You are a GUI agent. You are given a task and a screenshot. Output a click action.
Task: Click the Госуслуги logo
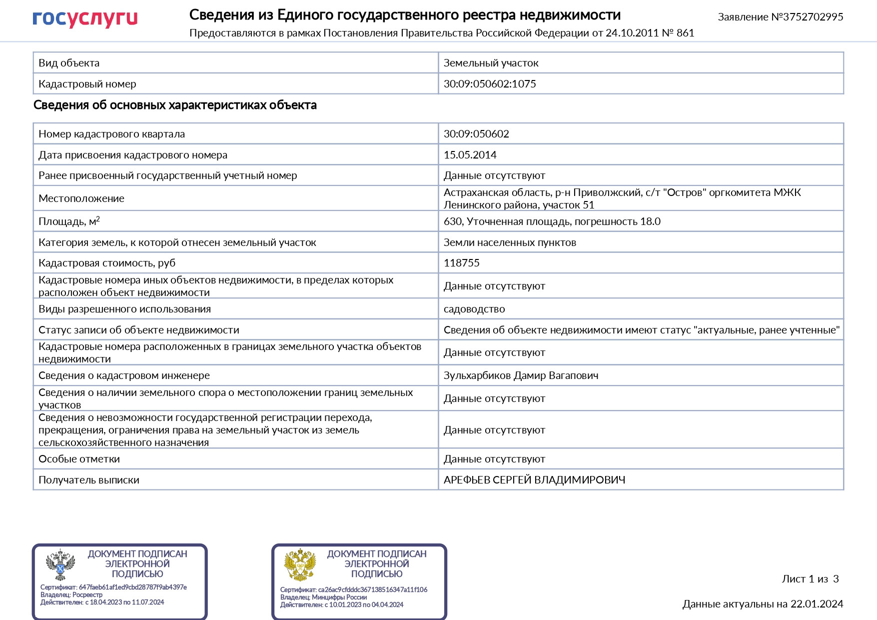tap(85, 18)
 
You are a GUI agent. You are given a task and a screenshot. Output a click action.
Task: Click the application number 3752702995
tap(813, 17)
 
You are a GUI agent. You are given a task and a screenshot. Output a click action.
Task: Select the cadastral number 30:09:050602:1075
tap(490, 84)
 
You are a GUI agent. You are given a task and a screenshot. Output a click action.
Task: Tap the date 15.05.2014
tap(470, 155)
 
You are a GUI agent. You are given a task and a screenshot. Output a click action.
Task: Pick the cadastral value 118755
tap(461, 263)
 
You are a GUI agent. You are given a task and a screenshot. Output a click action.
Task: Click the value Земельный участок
tap(491, 63)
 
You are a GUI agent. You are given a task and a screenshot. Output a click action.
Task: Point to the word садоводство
tap(474, 309)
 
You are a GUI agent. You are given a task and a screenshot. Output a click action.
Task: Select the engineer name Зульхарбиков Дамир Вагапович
tap(521, 375)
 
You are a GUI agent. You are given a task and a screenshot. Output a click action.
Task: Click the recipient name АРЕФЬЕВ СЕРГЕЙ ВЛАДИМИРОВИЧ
tap(534, 480)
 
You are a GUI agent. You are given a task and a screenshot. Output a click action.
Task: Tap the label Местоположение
tap(81, 198)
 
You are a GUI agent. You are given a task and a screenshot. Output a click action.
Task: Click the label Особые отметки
tap(79, 459)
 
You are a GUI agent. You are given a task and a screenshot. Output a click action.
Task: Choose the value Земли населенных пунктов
tap(510, 242)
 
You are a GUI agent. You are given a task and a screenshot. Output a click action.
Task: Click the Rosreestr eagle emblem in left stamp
tap(60, 565)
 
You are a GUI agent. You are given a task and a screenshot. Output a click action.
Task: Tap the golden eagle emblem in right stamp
tap(300, 565)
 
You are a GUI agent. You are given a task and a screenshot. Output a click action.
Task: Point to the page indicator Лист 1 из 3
tap(810, 579)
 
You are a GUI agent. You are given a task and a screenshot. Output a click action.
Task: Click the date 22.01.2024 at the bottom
tap(817, 604)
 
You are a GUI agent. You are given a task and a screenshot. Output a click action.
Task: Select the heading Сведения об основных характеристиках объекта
tap(175, 105)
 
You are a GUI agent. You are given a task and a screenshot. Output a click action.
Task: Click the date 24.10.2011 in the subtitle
tap(632, 33)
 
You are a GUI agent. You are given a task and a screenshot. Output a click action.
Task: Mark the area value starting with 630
tap(552, 221)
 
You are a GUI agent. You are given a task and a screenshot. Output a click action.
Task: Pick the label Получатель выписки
tap(89, 480)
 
